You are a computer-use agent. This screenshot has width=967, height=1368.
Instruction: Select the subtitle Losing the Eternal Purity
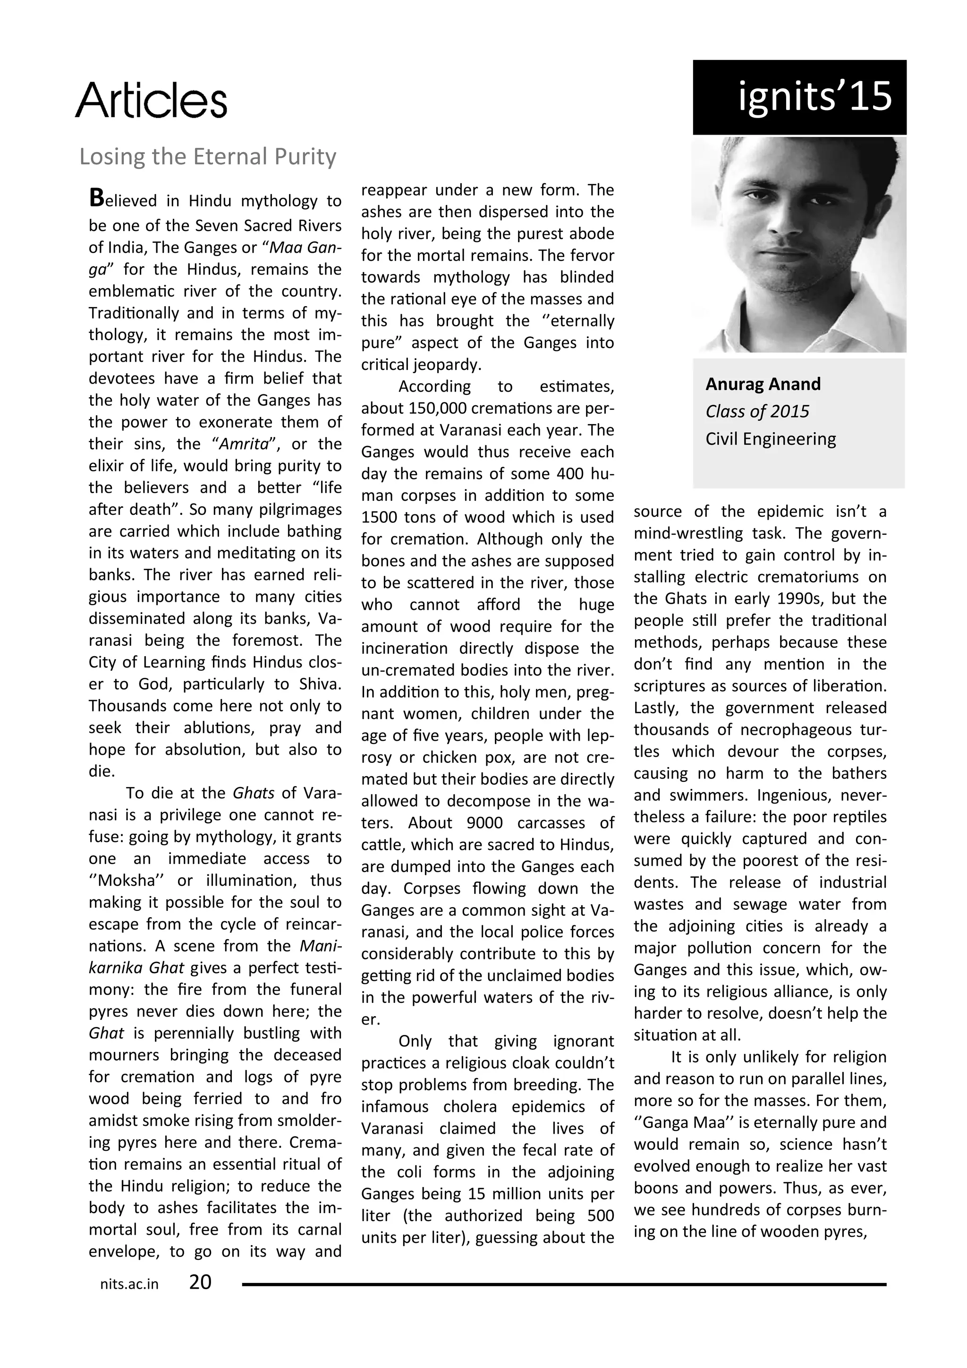[208, 157]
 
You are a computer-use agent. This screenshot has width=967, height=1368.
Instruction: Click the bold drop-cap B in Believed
[96, 198]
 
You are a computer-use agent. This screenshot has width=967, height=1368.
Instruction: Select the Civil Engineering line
[771, 439]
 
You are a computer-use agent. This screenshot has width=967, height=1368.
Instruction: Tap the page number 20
[200, 1282]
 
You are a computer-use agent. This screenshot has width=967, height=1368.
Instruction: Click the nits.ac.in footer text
[129, 1284]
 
